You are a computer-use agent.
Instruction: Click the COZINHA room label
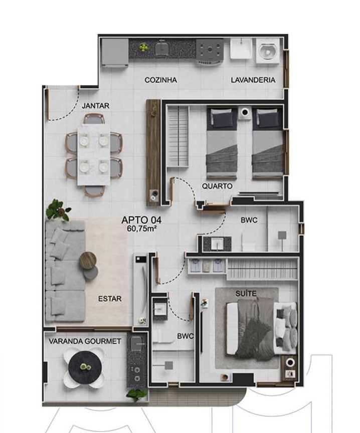click(x=160, y=80)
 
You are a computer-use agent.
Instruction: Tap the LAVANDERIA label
click(x=253, y=80)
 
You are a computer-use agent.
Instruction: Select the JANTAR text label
click(x=95, y=106)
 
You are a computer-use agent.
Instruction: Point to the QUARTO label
click(x=217, y=186)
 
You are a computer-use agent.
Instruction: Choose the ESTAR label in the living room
click(x=109, y=299)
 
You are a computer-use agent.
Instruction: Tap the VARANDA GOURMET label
click(x=85, y=341)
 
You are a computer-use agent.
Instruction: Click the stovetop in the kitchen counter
click(x=209, y=51)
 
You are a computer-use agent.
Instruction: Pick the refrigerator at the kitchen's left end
click(x=115, y=51)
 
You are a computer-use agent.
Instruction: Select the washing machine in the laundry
click(x=267, y=51)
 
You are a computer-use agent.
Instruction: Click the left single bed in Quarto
click(x=222, y=143)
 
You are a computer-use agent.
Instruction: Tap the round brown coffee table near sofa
click(x=88, y=260)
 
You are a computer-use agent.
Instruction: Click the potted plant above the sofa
click(x=58, y=209)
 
